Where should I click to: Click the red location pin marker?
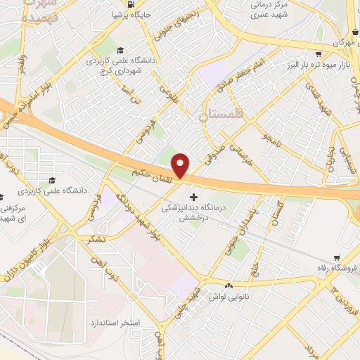[181, 165]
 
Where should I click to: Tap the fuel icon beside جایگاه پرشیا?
[116, 14]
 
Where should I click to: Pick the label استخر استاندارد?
[112, 321]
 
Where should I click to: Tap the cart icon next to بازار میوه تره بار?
[319, 53]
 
